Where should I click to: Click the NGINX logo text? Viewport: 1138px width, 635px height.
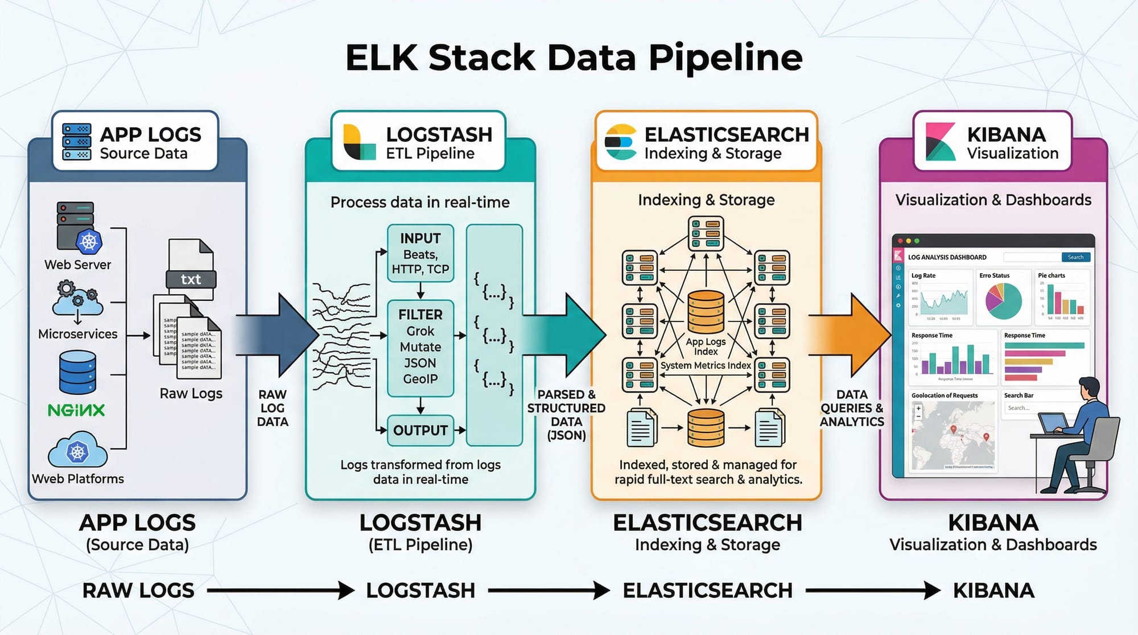pyautogui.click(x=76, y=410)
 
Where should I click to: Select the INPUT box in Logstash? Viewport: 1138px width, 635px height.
pyautogui.click(x=420, y=253)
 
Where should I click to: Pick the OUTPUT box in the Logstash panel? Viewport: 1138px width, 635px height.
pyautogui.click(x=420, y=430)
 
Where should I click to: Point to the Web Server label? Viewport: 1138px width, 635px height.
pyautogui.click(x=78, y=265)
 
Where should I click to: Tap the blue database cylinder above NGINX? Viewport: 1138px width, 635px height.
pyautogui.click(x=77, y=373)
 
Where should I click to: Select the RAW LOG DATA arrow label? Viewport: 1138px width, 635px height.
pyautogui.click(x=273, y=408)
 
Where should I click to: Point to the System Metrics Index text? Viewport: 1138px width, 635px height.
pyautogui.click(x=706, y=365)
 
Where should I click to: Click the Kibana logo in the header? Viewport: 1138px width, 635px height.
pyautogui.click(x=940, y=142)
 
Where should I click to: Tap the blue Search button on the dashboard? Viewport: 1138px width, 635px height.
pyautogui.click(x=1075, y=257)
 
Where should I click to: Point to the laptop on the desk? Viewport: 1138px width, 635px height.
pyautogui.click(x=1052, y=423)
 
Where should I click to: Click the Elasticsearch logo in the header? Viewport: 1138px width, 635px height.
pyautogui.click(x=621, y=142)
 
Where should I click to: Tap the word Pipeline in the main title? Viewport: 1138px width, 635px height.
pyautogui.click(x=725, y=57)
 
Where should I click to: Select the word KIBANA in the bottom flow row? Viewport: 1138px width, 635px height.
pyautogui.click(x=993, y=591)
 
